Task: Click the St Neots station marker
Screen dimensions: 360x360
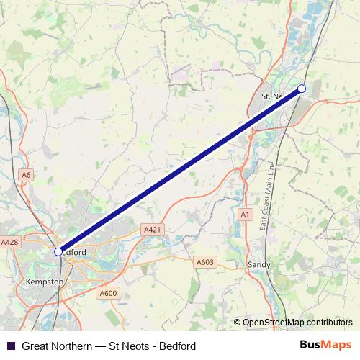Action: click(302, 89)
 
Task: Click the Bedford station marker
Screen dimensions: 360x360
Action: click(58, 251)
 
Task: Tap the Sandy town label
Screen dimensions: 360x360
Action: click(259, 265)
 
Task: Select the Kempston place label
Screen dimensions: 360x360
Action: click(44, 282)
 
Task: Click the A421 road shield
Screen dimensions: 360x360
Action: click(150, 230)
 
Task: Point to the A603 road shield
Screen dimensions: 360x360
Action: click(204, 263)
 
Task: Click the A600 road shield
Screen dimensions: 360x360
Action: click(108, 293)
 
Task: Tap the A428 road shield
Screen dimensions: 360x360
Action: click(9, 243)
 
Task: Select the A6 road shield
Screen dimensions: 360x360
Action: click(27, 174)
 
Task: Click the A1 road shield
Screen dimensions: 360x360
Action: click(246, 215)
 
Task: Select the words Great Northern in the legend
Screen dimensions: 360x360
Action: click(56, 346)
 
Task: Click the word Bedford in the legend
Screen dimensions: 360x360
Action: click(178, 346)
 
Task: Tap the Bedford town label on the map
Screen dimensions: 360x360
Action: click(73, 253)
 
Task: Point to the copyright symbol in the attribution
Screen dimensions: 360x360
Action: click(237, 323)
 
